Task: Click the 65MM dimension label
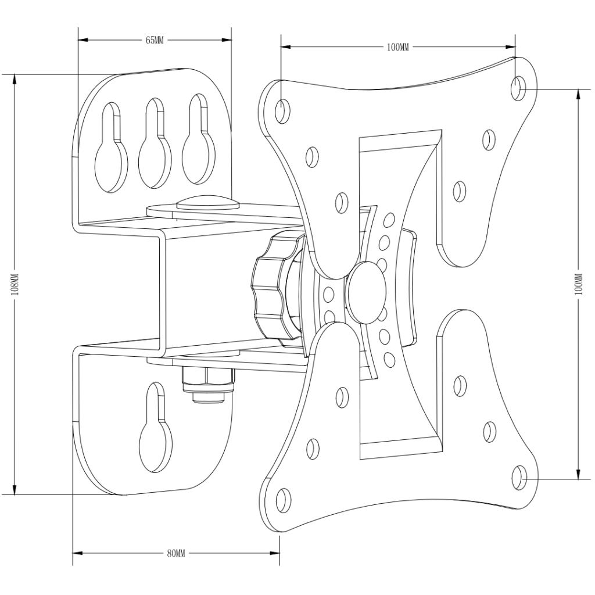[155, 40]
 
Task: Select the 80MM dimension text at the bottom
[175, 554]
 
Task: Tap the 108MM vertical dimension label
[15, 285]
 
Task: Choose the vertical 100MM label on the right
[578, 285]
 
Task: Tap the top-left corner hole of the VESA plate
[282, 108]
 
